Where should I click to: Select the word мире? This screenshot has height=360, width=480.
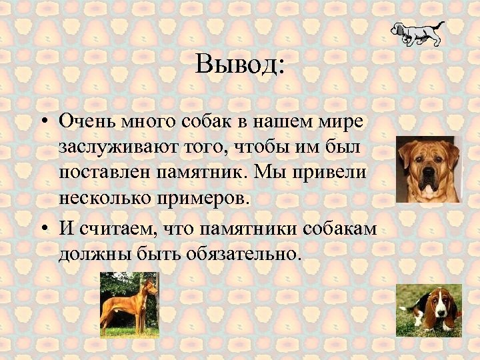point(343,122)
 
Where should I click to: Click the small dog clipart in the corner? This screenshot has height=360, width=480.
point(418,34)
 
